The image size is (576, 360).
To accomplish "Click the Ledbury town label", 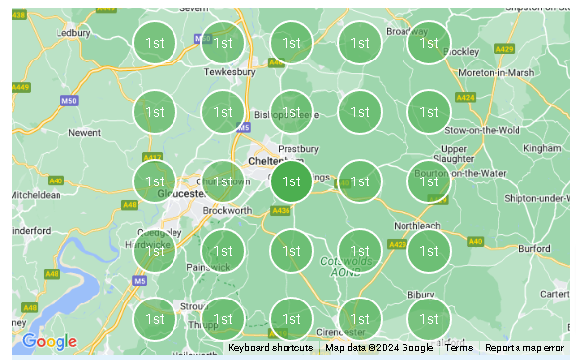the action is coord(74,32).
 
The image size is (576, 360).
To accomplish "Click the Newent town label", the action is coord(84,131).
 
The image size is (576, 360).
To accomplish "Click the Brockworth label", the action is coord(227,210).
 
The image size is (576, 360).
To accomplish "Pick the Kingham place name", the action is coord(541,147).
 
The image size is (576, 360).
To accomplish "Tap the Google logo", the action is coord(49,342).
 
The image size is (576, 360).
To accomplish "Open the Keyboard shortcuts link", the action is coord(271,348).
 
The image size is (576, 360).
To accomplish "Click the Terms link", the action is coord(458,348).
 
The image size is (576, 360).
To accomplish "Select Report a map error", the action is coord(525,348).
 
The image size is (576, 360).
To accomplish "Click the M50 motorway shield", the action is coord(68,101).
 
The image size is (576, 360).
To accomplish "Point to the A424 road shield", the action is coord(465,98).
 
